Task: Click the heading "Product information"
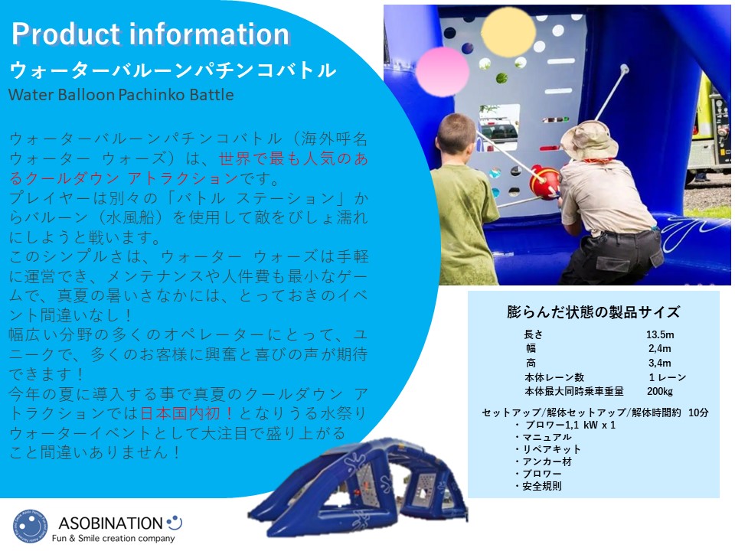click(x=150, y=34)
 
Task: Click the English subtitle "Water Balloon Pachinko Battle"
click(x=121, y=95)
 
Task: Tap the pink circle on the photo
click(x=442, y=71)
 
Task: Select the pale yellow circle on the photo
click(x=508, y=31)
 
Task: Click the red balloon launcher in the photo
click(x=544, y=182)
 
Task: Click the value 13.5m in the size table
click(x=660, y=334)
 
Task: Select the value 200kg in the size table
click(x=659, y=391)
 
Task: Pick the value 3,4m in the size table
click(x=659, y=363)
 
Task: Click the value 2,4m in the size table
click(x=659, y=348)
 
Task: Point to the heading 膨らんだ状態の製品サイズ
click(x=593, y=312)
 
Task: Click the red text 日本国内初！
click(x=187, y=412)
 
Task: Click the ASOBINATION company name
click(x=110, y=523)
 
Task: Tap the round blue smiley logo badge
click(x=30, y=526)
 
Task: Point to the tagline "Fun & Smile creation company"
click(x=113, y=538)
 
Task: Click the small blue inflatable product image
click(x=358, y=487)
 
